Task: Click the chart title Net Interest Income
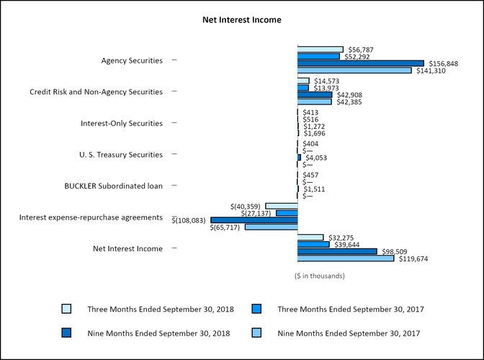pyautogui.click(x=241, y=20)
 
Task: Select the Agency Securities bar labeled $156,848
pyautogui.click(x=361, y=63)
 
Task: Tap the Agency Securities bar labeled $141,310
pyautogui.click(x=354, y=71)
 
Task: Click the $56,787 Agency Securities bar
pyautogui.click(x=321, y=49)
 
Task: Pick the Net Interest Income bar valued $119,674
pyautogui.click(x=346, y=258)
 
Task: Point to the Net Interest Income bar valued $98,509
pyautogui.click(x=337, y=251)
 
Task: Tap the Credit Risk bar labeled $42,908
pyautogui.click(x=315, y=94)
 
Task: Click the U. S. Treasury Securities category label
pyautogui.click(x=120, y=155)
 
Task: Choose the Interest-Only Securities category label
pyautogui.click(x=122, y=124)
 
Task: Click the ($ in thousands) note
pyautogui.click(x=320, y=276)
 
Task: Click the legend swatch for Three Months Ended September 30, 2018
pyautogui.click(x=66, y=309)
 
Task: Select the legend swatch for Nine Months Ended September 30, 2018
pyautogui.click(x=66, y=333)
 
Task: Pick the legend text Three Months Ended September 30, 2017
pyautogui.click(x=350, y=310)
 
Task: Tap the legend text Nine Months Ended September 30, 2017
pyautogui.click(x=348, y=333)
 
